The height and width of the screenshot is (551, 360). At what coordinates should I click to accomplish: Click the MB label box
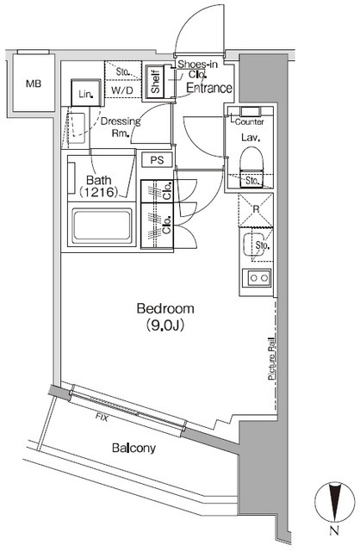click(32, 84)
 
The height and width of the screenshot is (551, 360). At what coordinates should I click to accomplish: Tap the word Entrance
click(208, 88)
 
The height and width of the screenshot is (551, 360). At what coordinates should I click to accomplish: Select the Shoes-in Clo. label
click(198, 69)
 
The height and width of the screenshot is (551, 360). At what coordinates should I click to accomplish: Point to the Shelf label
click(156, 81)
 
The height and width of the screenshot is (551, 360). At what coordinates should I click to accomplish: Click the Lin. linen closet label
click(85, 94)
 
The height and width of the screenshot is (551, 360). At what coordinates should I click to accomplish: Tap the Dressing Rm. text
click(121, 127)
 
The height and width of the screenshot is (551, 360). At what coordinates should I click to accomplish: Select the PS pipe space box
click(156, 159)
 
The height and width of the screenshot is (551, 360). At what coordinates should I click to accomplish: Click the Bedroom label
click(166, 309)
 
